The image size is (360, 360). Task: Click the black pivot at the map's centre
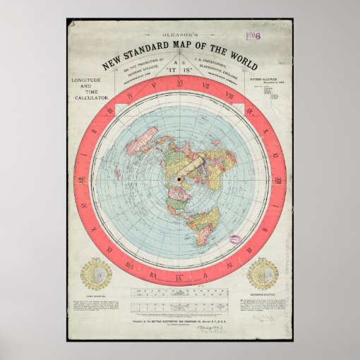[x=179, y=179]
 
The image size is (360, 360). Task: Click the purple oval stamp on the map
[x=236, y=240]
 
